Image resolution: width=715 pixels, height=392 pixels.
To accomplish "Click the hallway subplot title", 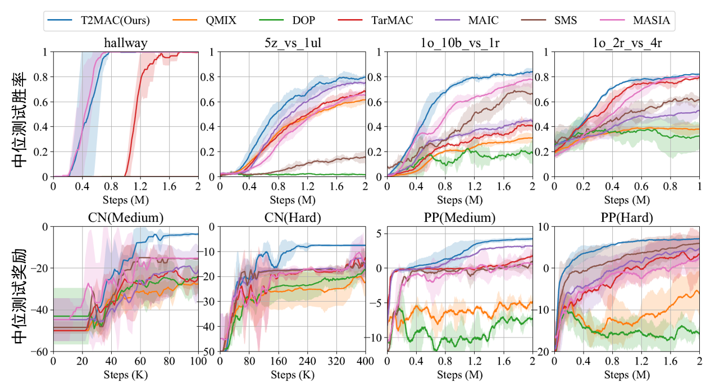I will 126,44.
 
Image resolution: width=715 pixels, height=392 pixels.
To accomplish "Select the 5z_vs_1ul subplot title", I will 292,44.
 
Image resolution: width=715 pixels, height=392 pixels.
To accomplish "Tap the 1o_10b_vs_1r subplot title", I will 459,44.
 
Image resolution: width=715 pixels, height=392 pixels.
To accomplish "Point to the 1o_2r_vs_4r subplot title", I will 627,44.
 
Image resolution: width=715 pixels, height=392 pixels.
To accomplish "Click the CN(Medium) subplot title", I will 126,218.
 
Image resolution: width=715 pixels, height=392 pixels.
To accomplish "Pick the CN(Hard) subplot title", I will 292,218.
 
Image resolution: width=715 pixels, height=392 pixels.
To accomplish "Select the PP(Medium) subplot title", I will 459,218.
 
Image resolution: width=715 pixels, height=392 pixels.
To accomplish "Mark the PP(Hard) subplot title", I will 627,218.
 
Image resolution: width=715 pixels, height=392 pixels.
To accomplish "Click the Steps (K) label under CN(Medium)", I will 126,374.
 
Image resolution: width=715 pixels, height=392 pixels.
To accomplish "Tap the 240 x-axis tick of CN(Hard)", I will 307,360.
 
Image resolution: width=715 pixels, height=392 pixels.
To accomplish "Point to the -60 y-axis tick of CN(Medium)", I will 41,352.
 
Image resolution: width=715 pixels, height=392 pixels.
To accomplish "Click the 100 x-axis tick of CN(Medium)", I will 198,360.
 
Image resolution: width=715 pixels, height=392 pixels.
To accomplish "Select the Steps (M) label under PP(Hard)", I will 627,374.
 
